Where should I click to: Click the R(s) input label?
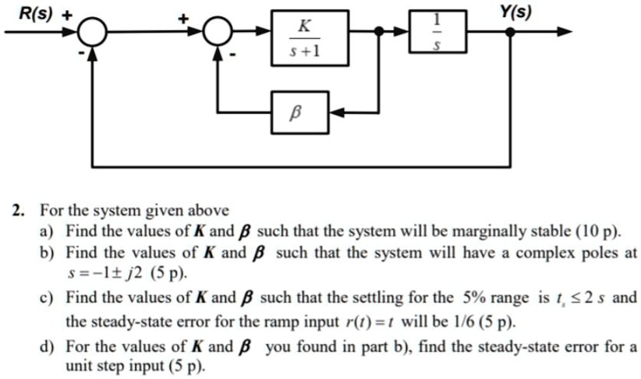(x=36, y=14)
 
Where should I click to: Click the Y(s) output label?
(x=515, y=12)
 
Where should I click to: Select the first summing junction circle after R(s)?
(x=92, y=32)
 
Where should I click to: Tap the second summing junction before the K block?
(x=218, y=30)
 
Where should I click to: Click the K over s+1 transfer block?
(x=310, y=37)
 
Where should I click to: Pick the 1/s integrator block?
(x=437, y=31)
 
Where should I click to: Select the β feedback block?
(x=300, y=112)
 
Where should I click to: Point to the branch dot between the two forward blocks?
(x=379, y=31)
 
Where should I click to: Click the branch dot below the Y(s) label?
(x=510, y=32)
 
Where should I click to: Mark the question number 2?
(x=17, y=211)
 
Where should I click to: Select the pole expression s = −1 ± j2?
(x=104, y=273)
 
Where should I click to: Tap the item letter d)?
(x=47, y=347)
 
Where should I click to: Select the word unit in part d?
(x=79, y=366)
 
